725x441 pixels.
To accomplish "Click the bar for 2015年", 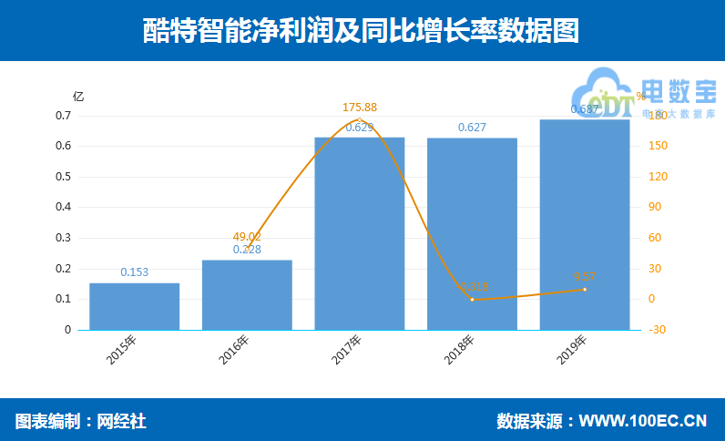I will (134, 306).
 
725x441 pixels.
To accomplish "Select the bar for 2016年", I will (247, 294).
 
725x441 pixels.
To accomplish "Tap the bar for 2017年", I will (359, 233).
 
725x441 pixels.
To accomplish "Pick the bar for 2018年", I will (472, 233).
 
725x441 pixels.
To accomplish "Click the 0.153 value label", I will (134, 272).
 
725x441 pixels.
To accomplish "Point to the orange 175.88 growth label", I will (359, 108).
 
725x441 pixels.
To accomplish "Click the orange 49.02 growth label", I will (247, 236).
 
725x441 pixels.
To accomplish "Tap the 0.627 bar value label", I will (472, 127).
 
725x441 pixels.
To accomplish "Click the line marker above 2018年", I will (472, 299).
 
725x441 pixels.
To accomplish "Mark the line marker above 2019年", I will (584, 290).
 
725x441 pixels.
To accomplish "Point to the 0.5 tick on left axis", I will (64, 177).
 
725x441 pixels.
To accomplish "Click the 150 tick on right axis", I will (658, 146).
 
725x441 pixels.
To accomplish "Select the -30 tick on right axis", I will (657, 330).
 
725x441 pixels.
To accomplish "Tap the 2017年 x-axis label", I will (347, 350).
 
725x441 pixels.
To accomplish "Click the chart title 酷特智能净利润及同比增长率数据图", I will (362, 30).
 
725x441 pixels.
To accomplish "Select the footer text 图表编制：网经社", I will (80, 421).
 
